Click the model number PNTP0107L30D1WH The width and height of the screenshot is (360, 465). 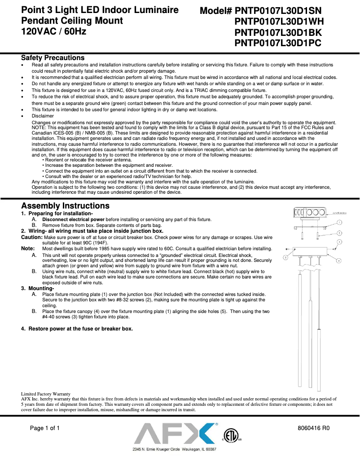coord(279,21)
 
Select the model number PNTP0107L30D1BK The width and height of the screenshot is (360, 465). coord(279,32)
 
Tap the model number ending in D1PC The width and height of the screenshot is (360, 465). coord(279,43)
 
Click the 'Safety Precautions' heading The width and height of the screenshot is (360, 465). coord(53,58)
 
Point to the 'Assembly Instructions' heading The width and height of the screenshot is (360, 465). coord(65,206)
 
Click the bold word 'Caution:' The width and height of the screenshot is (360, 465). coord(32,237)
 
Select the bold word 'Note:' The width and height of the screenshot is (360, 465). coord(28,248)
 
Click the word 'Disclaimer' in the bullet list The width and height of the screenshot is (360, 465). coord(43,116)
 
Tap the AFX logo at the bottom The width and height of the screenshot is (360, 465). coord(175,434)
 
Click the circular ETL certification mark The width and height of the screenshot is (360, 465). coord(231,435)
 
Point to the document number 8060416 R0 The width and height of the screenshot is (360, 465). coord(314,428)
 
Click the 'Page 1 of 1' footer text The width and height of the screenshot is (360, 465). coord(45,428)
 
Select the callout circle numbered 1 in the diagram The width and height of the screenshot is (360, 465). coord(340,222)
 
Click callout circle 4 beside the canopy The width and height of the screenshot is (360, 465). coord(339,260)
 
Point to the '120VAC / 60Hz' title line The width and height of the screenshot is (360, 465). coord(54,31)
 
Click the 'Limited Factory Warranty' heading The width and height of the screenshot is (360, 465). coord(45,394)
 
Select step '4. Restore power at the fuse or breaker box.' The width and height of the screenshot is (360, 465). coord(77,329)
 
